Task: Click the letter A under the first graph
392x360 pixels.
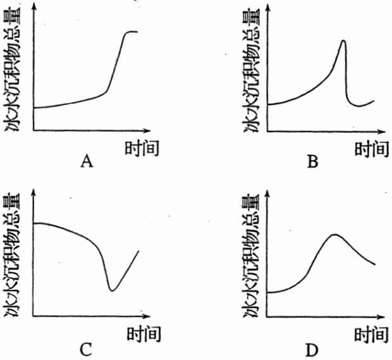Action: pyautogui.click(x=87, y=163)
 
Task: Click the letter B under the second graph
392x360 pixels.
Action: pyautogui.click(x=312, y=163)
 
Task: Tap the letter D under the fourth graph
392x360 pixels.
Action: pyautogui.click(x=312, y=349)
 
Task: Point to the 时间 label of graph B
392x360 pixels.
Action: pyautogui.click(x=370, y=149)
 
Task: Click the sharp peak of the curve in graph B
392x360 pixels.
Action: pyautogui.click(x=343, y=41)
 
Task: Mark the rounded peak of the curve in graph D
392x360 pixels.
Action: pyautogui.click(x=334, y=235)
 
